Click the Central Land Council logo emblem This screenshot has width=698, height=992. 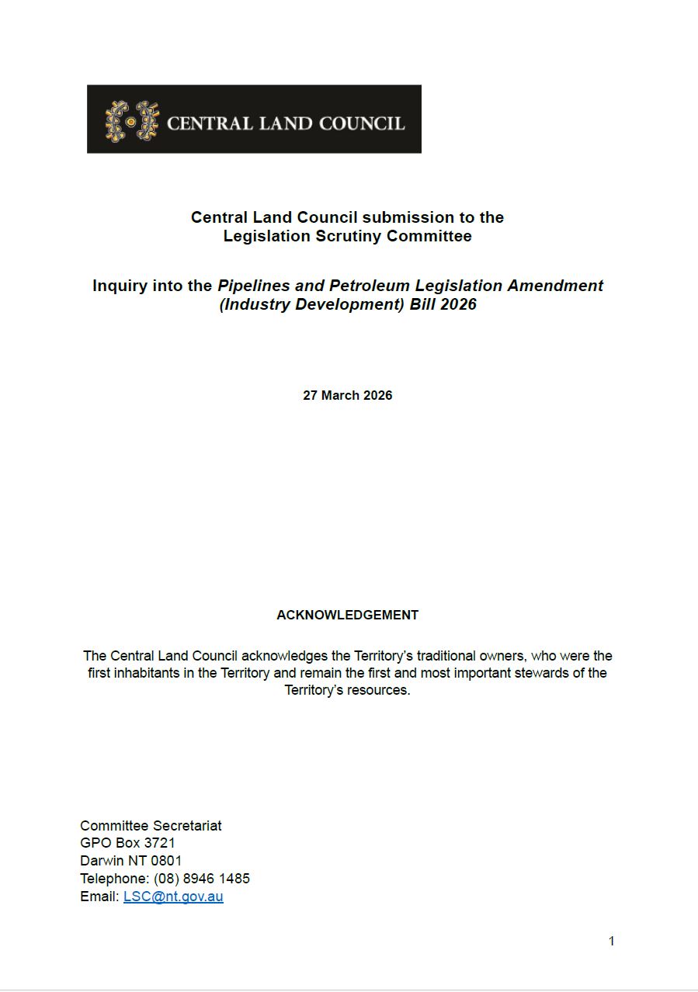(131, 121)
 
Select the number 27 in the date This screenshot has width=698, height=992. (311, 395)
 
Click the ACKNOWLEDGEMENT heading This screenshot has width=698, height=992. (347, 615)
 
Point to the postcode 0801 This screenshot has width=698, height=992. (166, 861)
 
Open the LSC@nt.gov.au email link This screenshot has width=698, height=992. (173, 897)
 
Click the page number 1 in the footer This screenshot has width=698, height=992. (611, 941)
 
